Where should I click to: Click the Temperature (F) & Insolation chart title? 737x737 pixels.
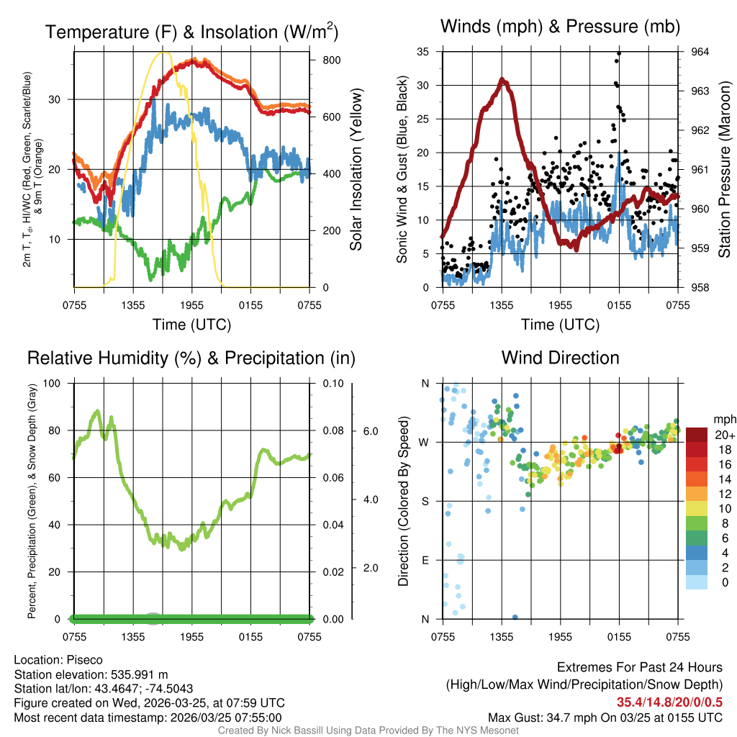[x=191, y=32]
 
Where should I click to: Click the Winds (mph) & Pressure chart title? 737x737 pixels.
[x=560, y=27]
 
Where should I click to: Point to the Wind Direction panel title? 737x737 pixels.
[x=560, y=358]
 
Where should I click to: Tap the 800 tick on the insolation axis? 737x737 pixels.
[x=332, y=60]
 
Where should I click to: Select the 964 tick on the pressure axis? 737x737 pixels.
[x=700, y=52]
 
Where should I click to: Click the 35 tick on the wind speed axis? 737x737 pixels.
[x=423, y=52]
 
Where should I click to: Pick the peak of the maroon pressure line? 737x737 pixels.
[x=505, y=81]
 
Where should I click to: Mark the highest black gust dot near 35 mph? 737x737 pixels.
[x=619, y=53]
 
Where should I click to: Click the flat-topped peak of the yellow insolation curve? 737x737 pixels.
[x=164, y=53]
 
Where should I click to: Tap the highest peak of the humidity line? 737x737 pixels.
[x=98, y=411]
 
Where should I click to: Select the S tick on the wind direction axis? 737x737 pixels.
[x=425, y=501]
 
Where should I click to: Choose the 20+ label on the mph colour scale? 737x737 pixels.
[x=725, y=435]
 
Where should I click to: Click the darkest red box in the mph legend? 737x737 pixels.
[x=697, y=435]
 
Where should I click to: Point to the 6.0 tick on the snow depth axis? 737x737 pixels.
[x=371, y=431]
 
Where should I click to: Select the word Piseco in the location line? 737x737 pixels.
[x=85, y=660]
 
